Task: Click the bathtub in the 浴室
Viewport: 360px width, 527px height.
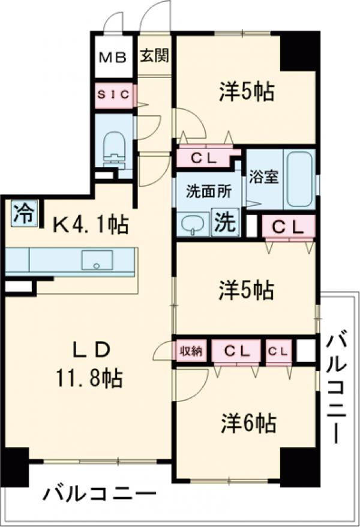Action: point(298,179)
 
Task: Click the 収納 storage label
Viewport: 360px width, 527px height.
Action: point(191,351)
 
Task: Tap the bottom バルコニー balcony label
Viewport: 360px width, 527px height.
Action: point(99,496)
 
